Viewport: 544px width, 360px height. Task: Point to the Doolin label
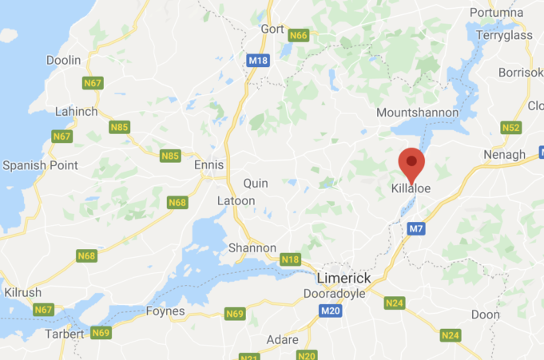63,60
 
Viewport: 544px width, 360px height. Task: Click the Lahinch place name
77,112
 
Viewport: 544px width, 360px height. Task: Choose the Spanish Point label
40,165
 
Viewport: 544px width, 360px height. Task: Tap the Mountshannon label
417,113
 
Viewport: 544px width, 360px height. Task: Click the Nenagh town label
505,154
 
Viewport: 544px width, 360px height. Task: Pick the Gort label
272,29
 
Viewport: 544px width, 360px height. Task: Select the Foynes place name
165,311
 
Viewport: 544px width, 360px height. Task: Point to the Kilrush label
22,293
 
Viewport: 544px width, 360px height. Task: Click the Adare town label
282,339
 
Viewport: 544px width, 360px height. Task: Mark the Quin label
256,184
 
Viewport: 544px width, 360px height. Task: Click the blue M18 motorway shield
257,60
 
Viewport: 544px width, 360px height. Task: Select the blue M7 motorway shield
415,229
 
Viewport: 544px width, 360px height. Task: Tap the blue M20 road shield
331,311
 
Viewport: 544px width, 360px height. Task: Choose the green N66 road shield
299,35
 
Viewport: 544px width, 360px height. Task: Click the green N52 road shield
511,127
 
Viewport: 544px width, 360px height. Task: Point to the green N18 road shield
291,259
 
